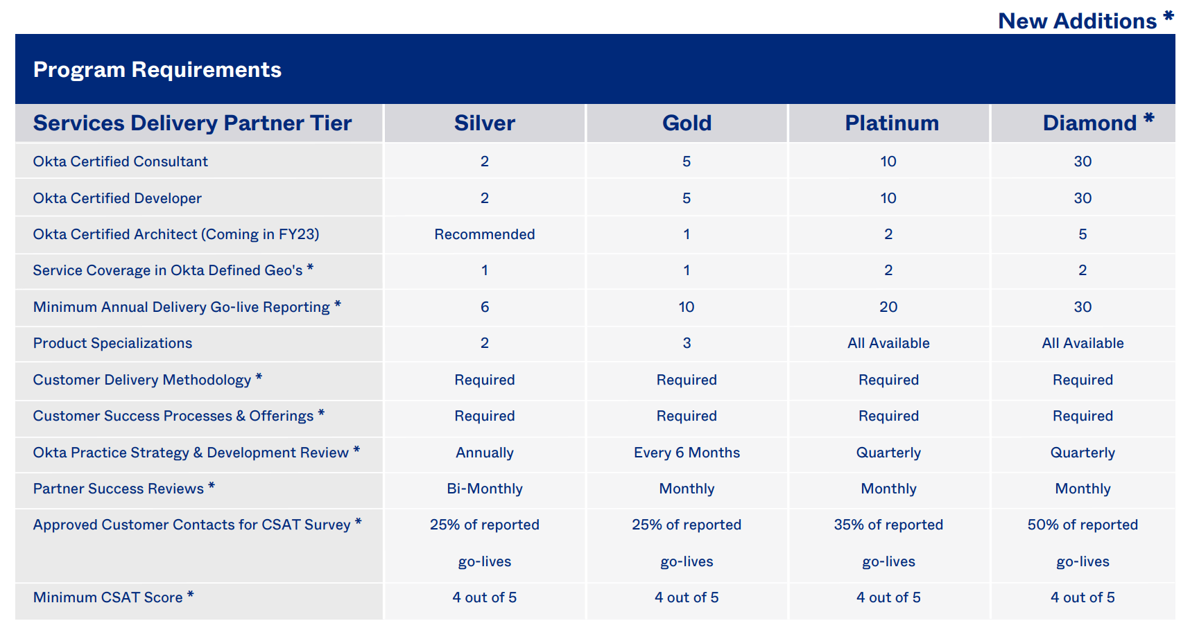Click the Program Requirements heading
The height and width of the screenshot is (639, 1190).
pos(157,70)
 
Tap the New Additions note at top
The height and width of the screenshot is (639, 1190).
pos(1086,21)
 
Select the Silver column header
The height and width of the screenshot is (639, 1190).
pos(485,123)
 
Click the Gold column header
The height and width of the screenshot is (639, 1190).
pos(687,123)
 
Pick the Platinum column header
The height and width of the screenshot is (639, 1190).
pos(892,123)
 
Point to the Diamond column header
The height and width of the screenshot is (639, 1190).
pos(1098,123)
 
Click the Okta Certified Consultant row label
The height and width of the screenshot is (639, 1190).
pos(121,161)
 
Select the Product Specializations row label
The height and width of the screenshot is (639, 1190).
pos(112,343)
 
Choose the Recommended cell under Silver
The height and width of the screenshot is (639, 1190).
pos(485,234)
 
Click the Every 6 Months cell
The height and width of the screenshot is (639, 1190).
pos(687,453)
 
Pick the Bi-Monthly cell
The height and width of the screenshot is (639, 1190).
pos(485,489)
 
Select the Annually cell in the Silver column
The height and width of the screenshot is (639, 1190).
pos(485,453)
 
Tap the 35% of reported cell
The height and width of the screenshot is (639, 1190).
pos(888,525)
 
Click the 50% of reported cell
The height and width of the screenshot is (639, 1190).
pos(1083,525)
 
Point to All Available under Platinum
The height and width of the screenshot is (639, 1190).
pos(888,343)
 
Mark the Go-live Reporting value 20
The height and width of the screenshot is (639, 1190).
pos(888,307)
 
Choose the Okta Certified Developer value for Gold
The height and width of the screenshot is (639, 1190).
pos(687,198)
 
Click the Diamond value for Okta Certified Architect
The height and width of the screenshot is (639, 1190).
pos(1083,234)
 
